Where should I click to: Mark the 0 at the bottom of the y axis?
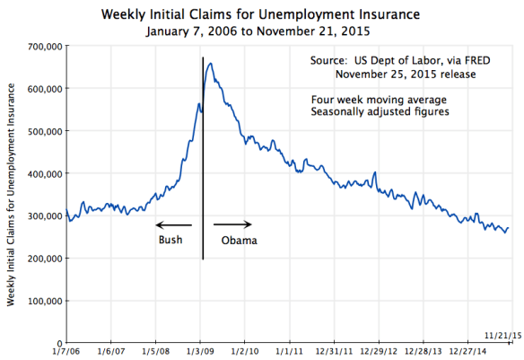click(58, 343)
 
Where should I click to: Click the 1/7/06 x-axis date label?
click(67, 353)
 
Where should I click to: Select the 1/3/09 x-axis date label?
click(200, 353)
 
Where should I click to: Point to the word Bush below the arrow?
click(170, 240)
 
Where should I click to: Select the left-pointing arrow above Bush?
click(174, 224)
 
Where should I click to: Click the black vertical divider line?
click(202, 180)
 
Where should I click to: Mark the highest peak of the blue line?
click(210, 63)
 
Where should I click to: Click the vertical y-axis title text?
click(11, 193)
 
